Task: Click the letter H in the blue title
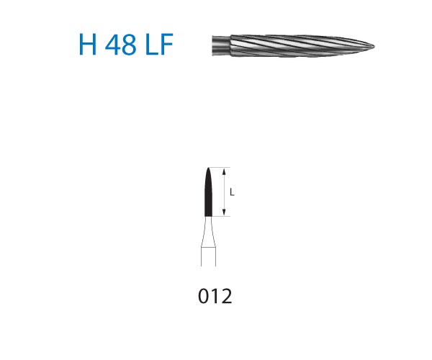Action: coord(88,45)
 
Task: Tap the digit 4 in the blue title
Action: coord(113,45)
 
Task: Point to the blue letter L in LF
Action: coord(150,45)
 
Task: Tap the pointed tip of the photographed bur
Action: coord(374,46)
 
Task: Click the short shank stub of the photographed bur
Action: coord(221,45)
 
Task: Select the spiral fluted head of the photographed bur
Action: coord(302,46)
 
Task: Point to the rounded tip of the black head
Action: coord(208,168)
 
